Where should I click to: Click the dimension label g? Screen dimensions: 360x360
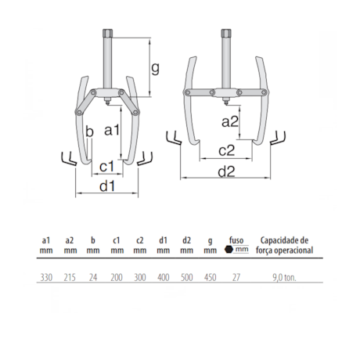point(155,68)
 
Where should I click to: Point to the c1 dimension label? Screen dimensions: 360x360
point(107,165)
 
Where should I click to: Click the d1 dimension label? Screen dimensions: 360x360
point(107,186)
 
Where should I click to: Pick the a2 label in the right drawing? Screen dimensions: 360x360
point(230,122)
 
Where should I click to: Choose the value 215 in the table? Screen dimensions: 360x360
point(70,277)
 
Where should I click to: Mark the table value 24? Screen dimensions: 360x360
point(93,277)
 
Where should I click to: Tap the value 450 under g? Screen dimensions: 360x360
point(209,277)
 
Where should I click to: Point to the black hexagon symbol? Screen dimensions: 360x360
point(229,250)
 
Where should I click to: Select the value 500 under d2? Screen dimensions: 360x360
point(185,277)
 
